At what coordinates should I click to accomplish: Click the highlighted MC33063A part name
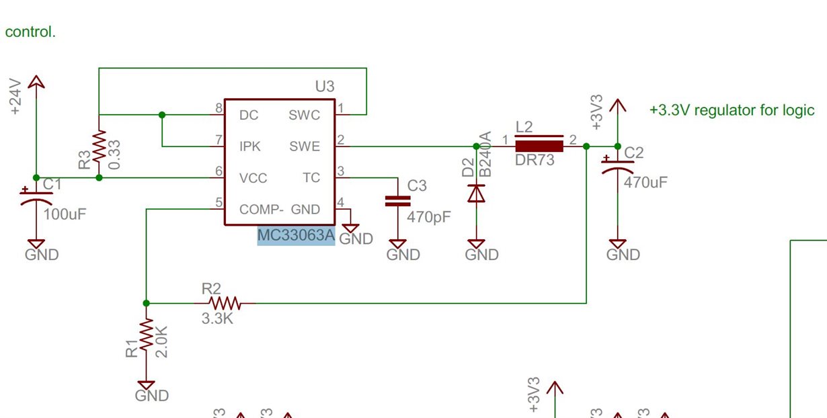click(x=296, y=235)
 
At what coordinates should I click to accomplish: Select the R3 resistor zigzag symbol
click(x=99, y=146)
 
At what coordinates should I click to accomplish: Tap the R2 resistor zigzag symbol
click(x=225, y=303)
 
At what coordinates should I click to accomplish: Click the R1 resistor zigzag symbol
click(x=146, y=335)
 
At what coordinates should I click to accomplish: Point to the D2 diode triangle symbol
click(x=476, y=194)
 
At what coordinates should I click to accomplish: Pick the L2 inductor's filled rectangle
click(x=539, y=147)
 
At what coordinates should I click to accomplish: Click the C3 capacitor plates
click(x=397, y=201)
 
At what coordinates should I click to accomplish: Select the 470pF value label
click(x=429, y=217)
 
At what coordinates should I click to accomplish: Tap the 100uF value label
click(x=65, y=214)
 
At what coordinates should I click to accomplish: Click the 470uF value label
click(x=645, y=182)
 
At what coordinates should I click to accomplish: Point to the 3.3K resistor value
click(x=217, y=319)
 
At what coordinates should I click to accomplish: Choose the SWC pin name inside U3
click(x=304, y=115)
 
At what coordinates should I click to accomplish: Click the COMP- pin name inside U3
click(x=262, y=210)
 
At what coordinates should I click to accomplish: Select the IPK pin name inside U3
click(x=250, y=147)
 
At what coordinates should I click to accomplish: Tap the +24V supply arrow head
click(x=36, y=81)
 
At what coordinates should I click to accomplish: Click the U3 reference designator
click(x=325, y=86)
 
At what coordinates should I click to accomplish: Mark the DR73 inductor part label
click(x=535, y=160)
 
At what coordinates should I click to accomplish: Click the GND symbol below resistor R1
click(x=146, y=386)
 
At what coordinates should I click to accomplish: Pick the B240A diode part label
click(x=485, y=154)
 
